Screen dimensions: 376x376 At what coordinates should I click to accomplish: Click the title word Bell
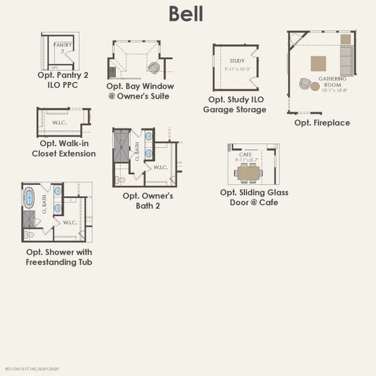(x=185, y=14)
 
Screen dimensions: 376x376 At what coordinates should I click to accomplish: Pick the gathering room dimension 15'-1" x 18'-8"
(x=332, y=90)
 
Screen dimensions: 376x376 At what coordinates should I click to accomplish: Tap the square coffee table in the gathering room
(x=319, y=63)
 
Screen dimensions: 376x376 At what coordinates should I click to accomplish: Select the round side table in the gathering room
(x=315, y=86)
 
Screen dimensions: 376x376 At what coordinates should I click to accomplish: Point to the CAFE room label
(x=246, y=154)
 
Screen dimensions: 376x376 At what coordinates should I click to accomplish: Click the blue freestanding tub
(x=29, y=198)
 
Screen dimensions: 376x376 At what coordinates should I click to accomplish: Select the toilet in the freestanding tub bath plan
(x=29, y=234)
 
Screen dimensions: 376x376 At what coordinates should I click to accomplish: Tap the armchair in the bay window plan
(x=154, y=68)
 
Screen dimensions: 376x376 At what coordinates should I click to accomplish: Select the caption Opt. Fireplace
(x=322, y=123)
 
